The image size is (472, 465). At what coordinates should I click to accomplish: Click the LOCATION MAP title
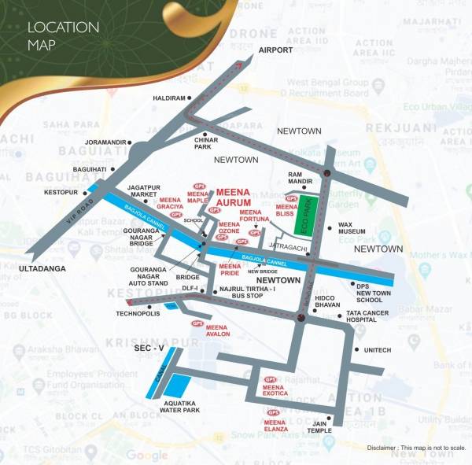(x=63, y=35)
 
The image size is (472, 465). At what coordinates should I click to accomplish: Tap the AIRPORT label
(x=275, y=50)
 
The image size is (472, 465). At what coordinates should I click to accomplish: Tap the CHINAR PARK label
(x=206, y=142)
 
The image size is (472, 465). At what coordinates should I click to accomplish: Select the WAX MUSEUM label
(x=352, y=229)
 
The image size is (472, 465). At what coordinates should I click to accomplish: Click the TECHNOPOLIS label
(x=138, y=313)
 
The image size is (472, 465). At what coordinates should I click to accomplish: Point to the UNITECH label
(x=378, y=350)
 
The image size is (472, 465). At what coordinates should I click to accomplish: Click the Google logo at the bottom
(x=147, y=455)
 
